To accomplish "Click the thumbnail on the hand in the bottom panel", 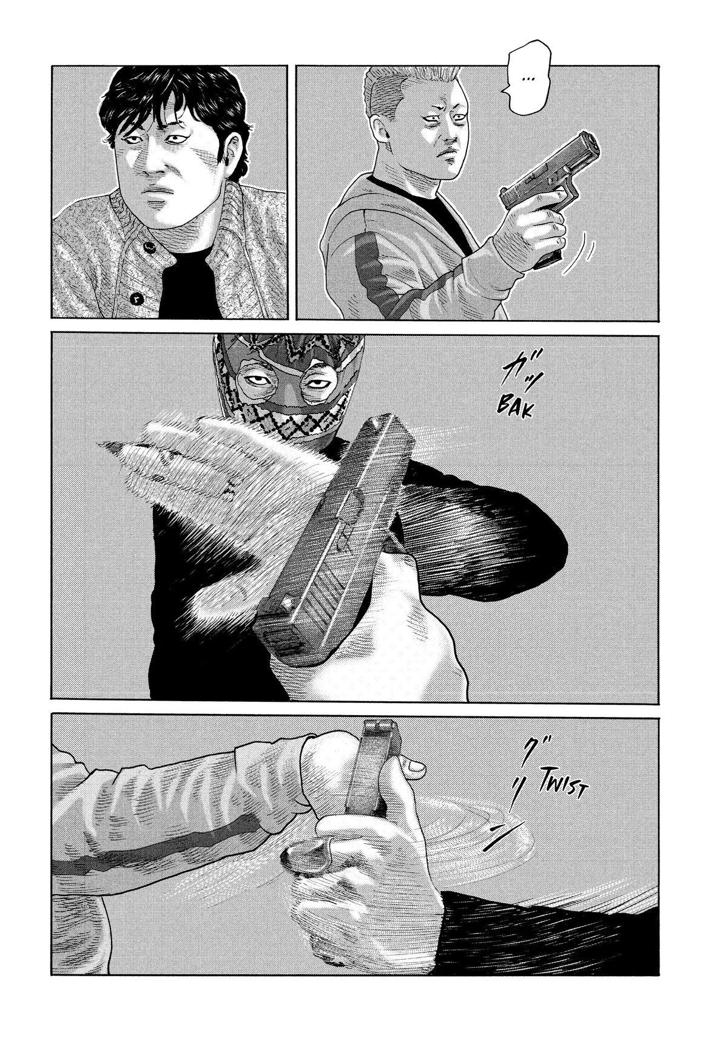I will pyautogui.click(x=416, y=766).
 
